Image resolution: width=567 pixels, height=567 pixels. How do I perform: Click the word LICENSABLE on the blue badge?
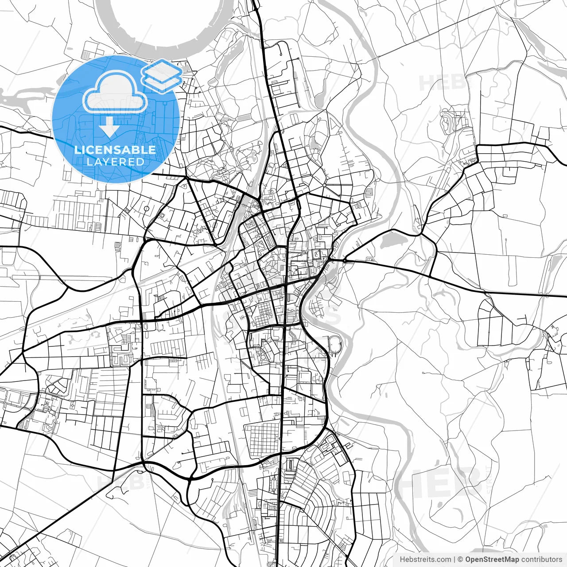coord(115,150)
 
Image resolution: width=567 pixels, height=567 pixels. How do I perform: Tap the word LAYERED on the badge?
coord(115,162)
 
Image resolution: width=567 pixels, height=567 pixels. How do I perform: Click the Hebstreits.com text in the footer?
coord(425,559)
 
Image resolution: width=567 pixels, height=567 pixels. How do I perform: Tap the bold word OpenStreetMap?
coord(492,559)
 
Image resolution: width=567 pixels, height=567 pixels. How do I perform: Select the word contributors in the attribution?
coord(541,559)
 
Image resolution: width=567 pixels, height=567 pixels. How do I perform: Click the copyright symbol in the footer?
coord(460,559)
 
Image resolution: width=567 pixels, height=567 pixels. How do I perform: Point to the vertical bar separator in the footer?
coord(454,559)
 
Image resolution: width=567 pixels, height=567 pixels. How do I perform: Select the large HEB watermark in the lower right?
coord(447,483)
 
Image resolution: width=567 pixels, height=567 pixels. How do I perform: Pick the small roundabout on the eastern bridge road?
coord(344,260)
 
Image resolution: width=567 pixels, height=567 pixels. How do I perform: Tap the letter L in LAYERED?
coord(89,162)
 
